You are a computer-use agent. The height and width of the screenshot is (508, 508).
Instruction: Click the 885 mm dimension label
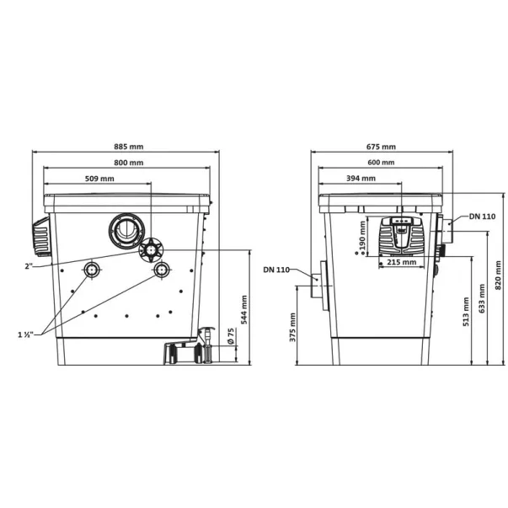coord(129,147)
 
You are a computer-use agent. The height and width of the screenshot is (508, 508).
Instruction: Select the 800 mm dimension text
coord(129,163)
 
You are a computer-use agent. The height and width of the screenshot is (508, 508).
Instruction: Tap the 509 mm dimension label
coord(99,179)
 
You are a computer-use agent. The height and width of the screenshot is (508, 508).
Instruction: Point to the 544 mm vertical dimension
coord(244,310)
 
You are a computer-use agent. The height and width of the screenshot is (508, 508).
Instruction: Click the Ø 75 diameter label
coord(231,336)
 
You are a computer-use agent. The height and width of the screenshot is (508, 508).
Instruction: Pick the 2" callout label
coord(29,266)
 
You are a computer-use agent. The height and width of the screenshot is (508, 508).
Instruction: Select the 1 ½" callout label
coord(25,334)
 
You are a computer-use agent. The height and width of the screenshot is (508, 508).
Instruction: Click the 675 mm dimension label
coord(381,147)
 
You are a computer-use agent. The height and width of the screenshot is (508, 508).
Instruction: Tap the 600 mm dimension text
coord(381,163)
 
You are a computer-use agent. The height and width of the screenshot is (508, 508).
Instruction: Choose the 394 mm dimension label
coord(361,179)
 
